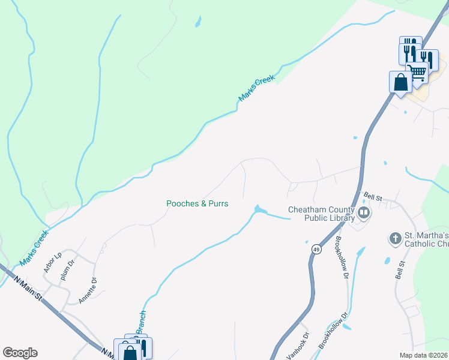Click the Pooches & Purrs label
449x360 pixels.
[x=197, y=204]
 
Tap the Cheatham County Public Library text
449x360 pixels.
[x=321, y=214]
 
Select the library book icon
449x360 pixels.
[x=363, y=212]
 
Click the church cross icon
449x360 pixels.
[x=395, y=239]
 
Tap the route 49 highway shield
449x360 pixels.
[x=315, y=248]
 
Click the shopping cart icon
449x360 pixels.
[x=418, y=72]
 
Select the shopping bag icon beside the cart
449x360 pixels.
[x=400, y=82]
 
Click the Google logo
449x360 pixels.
[x=20, y=353]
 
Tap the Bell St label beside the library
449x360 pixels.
[x=374, y=197]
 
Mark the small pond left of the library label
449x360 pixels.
[x=259, y=209]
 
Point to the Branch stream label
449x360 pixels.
[x=142, y=322]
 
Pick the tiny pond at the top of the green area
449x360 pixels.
[x=197, y=24]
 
